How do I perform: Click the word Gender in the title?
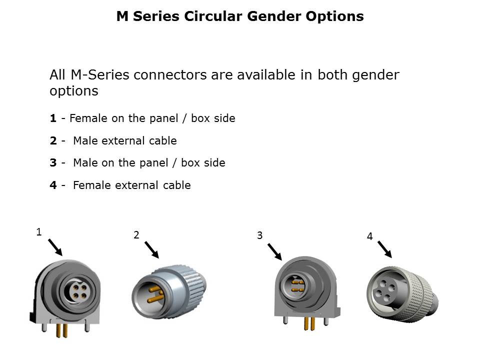tap(274, 16)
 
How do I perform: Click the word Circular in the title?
tap(213, 16)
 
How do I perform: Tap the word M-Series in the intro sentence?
tap(100, 74)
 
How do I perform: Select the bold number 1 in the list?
tap(53, 118)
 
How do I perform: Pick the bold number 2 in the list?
tap(53, 140)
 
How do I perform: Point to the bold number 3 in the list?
tap(53, 162)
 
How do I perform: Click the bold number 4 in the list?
tap(53, 185)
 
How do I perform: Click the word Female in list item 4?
tap(92, 185)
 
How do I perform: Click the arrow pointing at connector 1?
tap(55, 247)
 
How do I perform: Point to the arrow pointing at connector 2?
tap(152, 250)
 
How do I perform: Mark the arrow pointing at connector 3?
tap(274, 251)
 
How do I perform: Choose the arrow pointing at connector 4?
tap(385, 249)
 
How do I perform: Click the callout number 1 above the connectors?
tap(39, 232)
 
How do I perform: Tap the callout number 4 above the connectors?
tap(370, 236)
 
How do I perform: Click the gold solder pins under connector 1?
tap(62, 330)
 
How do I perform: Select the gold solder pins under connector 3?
tap(309, 323)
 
